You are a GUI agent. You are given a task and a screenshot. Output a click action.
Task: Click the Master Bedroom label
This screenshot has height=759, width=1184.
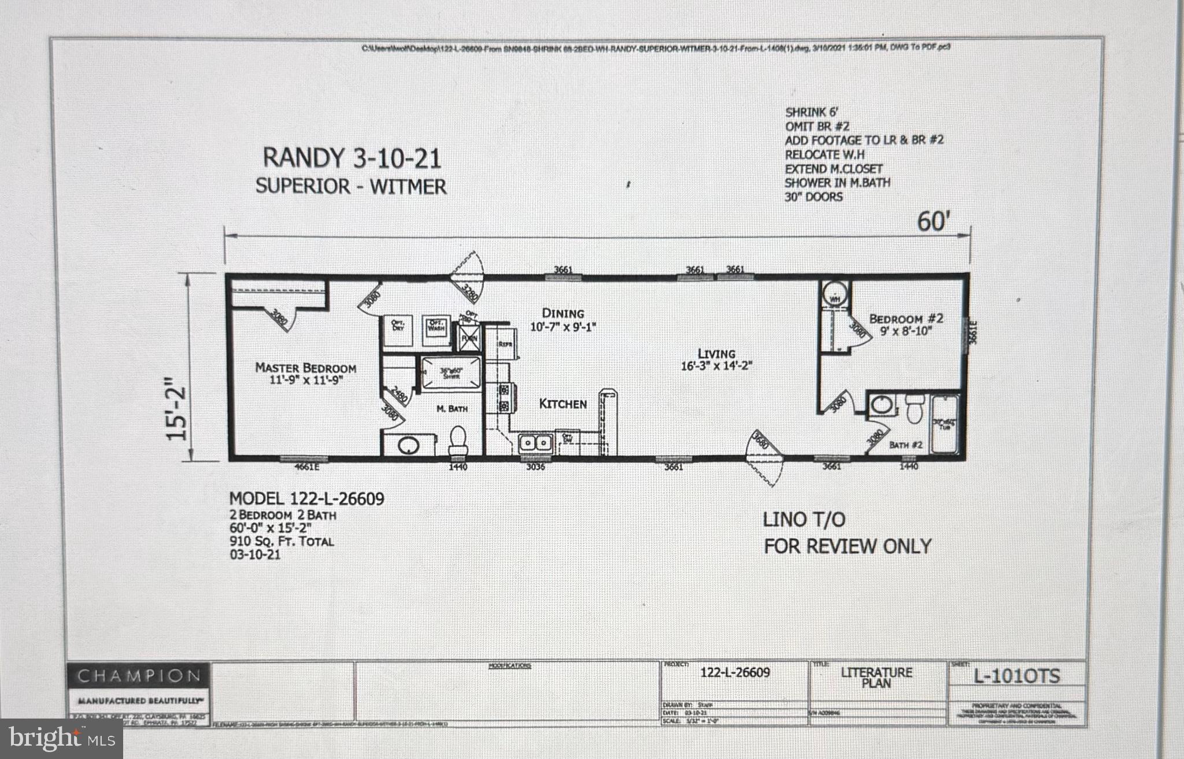pos(305,368)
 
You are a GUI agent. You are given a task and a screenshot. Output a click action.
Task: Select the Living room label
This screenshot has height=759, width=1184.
pos(716,354)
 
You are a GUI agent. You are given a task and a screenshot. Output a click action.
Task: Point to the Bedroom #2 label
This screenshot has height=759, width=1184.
pos(906,319)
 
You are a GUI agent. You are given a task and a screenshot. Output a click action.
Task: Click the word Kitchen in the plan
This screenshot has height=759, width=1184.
pos(563,403)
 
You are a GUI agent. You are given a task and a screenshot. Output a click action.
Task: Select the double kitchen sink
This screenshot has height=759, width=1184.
pos(536,443)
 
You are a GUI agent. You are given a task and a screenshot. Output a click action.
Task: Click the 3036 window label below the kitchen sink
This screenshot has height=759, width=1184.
pos(535,466)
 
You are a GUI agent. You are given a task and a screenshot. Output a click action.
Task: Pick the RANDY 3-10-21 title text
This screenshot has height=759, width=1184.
pos(351,158)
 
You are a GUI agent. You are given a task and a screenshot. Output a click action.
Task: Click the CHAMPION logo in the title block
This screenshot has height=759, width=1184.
pos(139,675)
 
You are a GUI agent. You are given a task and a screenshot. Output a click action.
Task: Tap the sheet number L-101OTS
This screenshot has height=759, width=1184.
pos(1017,676)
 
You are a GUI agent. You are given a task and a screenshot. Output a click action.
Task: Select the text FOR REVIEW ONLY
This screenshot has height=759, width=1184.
pos(848,546)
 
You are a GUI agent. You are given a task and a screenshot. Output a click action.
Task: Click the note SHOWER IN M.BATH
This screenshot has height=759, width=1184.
pos(837,183)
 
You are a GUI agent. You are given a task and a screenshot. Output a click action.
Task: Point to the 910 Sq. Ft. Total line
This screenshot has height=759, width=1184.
pos(282,542)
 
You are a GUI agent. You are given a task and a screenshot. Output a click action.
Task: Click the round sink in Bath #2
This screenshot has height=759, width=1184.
pos(881,406)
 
